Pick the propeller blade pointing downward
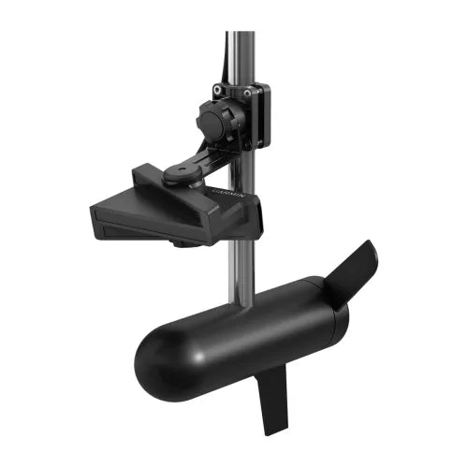click(273, 399)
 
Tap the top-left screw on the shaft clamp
click(217, 91)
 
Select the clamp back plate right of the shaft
click(261, 117)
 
